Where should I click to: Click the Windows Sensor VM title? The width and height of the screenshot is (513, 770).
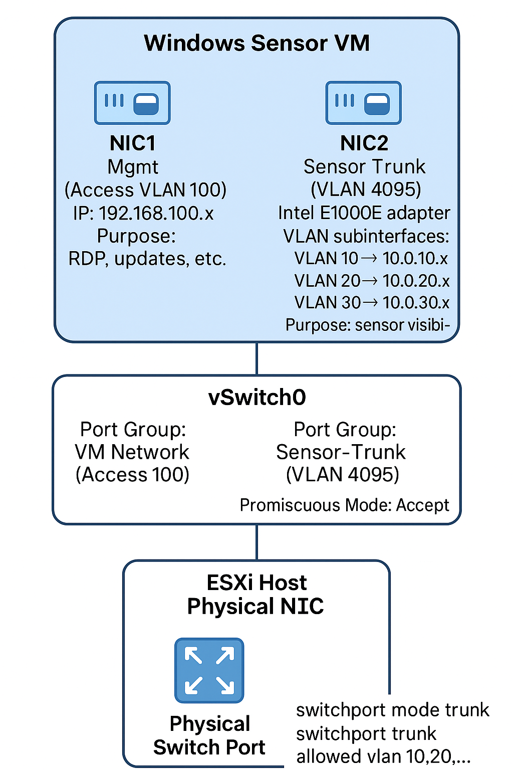pyautogui.click(x=256, y=43)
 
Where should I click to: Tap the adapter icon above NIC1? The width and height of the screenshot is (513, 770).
pyautogui.click(x=132, y=103)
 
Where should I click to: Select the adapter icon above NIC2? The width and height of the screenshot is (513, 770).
pyautogui.click(x=364, y=103)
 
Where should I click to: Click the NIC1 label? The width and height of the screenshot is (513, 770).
pyautogui.click(x=133, y=143)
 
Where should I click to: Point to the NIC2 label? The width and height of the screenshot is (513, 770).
pyautogui.click(x=364, y=143)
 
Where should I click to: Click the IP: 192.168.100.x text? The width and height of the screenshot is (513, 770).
pyautogui.click(x=143, y=214)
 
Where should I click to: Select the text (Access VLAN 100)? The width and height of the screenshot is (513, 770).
pyautogui.click(x=145, y=190)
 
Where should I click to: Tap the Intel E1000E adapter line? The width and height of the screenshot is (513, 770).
pyautogui.click(x=364, y=213)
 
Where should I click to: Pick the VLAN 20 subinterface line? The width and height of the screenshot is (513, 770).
pyautogui.click(x=372, y=281)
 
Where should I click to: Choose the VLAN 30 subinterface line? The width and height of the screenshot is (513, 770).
pyautogui.click(x=372, y=303)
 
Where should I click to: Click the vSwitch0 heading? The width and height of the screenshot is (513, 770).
pyautogui.click(x=257, y=398)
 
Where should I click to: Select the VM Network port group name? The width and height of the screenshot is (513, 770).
pyautogui.click(x=132, y=452)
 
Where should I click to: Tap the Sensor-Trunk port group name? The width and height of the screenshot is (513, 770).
pyautogui.click(x=341, y=452)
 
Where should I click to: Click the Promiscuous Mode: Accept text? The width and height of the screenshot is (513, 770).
pyautogui.click(x=345, y=505)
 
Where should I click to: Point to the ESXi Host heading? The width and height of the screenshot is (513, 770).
pyautogui.click(x=256, y=583)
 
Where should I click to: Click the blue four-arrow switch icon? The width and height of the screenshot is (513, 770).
pyautogui.click(x=209, y=670)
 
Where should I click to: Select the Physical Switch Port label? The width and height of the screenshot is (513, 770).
pyautogui.click(x=209, y=735)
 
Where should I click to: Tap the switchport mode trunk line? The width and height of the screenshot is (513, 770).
pyautogui.click(x=392, y=710)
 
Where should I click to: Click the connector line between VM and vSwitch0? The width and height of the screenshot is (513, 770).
pyautogui.click(x=257, y=359)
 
